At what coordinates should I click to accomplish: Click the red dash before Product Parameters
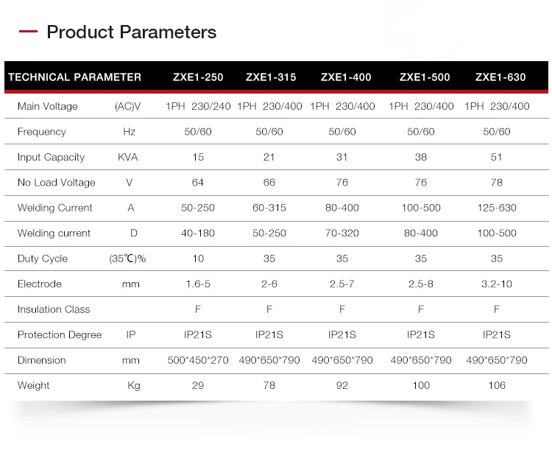click(28, 32)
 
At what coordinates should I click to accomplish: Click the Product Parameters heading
click(131, 32)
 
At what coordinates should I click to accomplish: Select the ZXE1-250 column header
click(198, 77)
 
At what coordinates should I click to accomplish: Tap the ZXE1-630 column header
click(500, 77)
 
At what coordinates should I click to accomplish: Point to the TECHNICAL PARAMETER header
click(74, 77)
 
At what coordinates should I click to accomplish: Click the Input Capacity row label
click(51, 158)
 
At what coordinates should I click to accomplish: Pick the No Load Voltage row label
click(56, 183)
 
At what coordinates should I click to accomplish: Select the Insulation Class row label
click(53, 309)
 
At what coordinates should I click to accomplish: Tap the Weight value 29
click(197, 386)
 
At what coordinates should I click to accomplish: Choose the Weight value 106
click(497, 386)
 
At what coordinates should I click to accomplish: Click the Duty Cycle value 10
click(197, 259)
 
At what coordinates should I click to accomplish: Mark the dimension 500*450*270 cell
click(198, 360)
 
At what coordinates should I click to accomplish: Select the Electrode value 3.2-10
click(497, 284)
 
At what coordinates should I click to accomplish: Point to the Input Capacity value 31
click(342, 158)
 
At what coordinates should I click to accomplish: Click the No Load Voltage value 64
click(197, 183)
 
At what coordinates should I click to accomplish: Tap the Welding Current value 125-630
click(497, 208)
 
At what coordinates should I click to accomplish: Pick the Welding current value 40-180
click(197, 233)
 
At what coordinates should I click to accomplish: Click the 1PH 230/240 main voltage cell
click(198, 107)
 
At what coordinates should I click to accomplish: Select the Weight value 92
click(342, 386)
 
